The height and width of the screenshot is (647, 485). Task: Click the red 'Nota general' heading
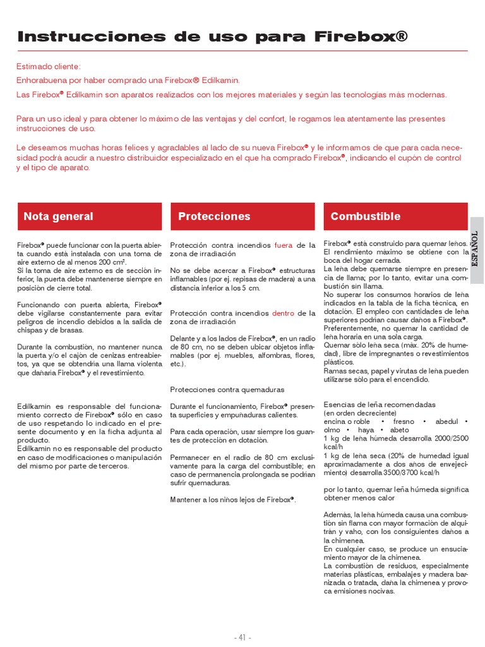click(58, 216)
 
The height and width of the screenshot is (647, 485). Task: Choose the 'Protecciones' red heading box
click(214, 216)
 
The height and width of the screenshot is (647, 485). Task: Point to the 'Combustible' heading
click(365, 216)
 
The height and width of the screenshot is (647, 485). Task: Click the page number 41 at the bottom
click(242, 637)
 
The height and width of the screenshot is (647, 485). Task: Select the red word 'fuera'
click(283, 245)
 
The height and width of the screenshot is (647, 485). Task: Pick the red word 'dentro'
click(284, 313)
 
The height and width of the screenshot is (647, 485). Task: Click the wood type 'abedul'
click(446, 421)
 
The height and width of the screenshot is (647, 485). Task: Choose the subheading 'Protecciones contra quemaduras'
click(227, 389)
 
